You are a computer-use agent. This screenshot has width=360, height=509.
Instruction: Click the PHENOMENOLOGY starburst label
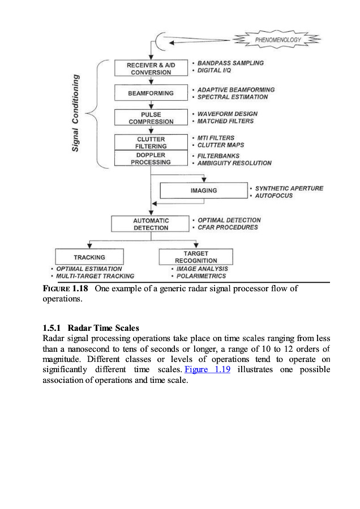click(x=277, y=40)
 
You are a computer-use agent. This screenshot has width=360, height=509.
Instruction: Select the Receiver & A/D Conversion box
click(x=151, y=68)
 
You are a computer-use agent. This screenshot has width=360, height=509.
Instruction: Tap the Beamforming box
click(x=151, y=93)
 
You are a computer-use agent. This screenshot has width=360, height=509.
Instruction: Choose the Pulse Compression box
click(x=151, y=118)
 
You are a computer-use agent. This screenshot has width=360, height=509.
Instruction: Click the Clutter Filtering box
click(x=151, y=142)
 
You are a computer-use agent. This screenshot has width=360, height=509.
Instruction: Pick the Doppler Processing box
click(x=151, y=158)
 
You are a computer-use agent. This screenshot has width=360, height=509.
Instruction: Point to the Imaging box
click(x=203, y=191)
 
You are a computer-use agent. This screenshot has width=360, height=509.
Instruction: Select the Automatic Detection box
click(x=151, y=224)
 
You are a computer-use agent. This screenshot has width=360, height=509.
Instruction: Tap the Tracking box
click(x=89, y=257)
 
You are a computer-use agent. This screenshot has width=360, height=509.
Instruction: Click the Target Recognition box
click(x=196, y=257)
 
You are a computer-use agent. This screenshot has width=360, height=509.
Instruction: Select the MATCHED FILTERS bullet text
click(x=225, y=121)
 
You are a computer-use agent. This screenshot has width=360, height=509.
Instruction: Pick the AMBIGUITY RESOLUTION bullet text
click(x=234, y=163)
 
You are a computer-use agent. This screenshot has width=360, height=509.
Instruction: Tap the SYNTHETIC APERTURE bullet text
click(x=289, y=188)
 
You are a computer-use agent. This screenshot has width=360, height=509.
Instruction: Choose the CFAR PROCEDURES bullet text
click(x=228, y=227)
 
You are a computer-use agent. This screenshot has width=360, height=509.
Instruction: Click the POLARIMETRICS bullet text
click(x=201, y=276)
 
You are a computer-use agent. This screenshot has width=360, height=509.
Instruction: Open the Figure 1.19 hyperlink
click(x=208, y=369)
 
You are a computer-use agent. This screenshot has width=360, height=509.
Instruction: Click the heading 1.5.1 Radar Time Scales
click(x=91, y=328)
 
